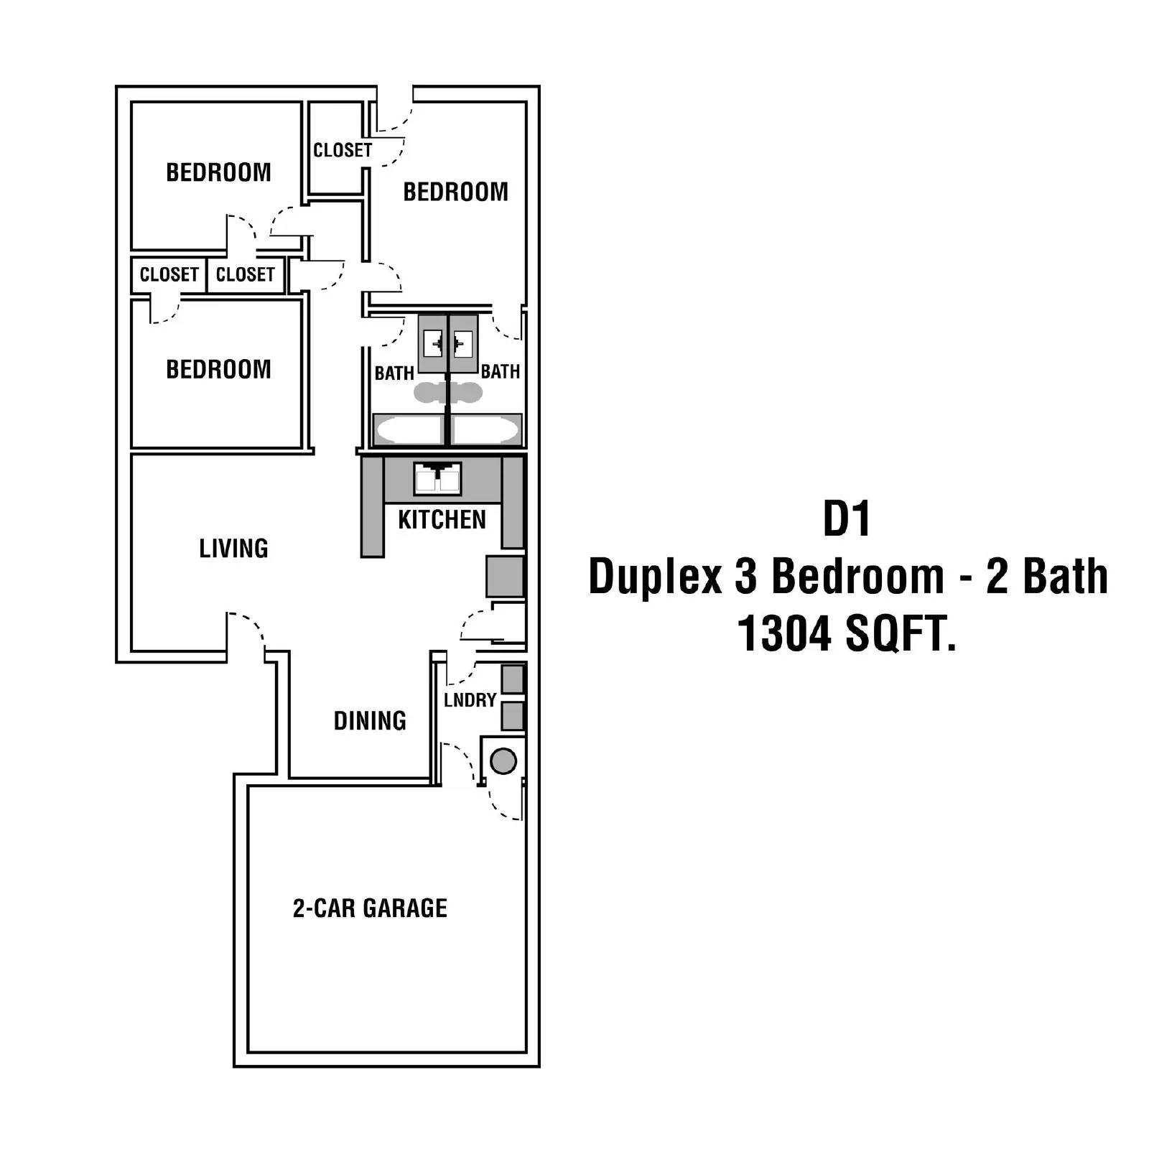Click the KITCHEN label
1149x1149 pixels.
click(442, 519)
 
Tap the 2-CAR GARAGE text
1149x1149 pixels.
click(370, 908)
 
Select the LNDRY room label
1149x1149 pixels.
click(470, 700)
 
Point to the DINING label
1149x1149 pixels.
click(370, 720)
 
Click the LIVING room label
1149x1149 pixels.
click(233, 549)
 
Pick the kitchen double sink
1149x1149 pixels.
click(437, 479)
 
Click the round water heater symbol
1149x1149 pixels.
click(503, 760)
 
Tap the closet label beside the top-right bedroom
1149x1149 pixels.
click(343, 150)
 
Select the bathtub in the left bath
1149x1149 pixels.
click(408, 430)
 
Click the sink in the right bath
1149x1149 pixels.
click(463, 344)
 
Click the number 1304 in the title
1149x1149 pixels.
click(784, 634)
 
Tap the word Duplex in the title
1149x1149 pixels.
click(655, 577)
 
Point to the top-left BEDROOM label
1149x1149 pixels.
click(218, 172)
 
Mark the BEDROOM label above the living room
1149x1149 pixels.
click(218, 369)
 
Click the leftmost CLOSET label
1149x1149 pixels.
click(169, 274)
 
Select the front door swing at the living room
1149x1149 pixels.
click(246, 632)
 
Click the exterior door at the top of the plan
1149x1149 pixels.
click(394, 111)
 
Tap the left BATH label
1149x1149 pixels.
click(394, 373)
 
